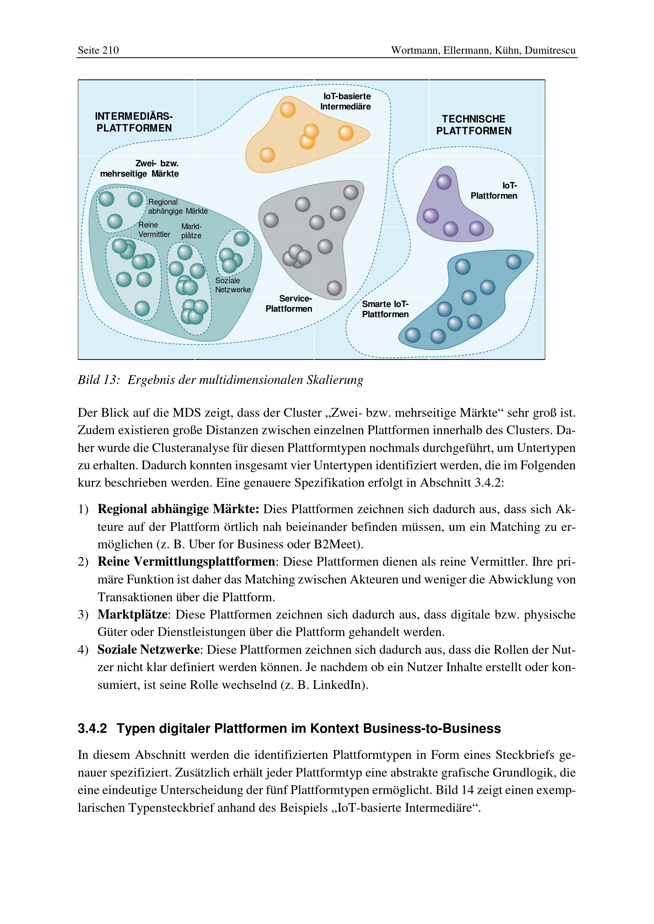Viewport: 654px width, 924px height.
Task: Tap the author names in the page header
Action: (483, 50)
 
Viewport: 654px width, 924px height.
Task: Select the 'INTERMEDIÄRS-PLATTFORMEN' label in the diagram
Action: (134, 122)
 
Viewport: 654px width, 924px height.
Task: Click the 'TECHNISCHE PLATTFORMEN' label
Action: (474, 125)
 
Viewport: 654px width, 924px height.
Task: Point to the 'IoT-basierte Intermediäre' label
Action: (346, 102)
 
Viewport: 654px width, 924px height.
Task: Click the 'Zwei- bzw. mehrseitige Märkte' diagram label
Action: (140, 169)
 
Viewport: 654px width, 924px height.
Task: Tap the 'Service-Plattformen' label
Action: (289, 303)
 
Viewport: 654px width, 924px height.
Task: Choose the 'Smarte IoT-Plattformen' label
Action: (385, 309)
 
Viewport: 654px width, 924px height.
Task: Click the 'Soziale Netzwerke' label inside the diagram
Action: (233, 285)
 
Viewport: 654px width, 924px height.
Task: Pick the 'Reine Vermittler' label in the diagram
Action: (154, 230)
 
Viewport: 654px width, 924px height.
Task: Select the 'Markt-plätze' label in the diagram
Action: (191, 231)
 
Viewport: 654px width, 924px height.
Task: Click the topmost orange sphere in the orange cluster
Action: (287, 109)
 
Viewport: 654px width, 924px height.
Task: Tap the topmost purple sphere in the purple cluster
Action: (444, 182)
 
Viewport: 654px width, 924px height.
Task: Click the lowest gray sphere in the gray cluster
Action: (334, 288)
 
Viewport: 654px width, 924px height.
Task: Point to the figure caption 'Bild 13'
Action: (99, 380)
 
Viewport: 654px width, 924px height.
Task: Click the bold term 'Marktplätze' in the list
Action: (132, 615)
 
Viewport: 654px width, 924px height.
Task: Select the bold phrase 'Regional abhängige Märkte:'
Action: (178, 509)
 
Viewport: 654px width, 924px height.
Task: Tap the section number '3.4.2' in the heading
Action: (92, 728)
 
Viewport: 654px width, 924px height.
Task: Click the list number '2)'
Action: (83, 562)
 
